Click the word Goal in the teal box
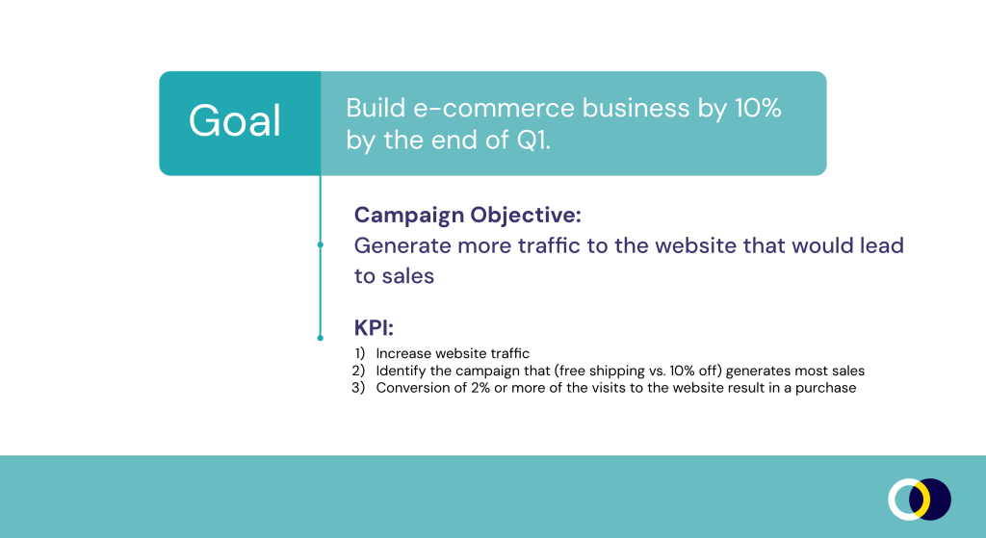(x=235, y=120)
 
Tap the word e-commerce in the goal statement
(x=494, y=108)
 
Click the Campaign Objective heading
(x=468, y=215)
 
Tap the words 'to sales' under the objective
(x=394, y=276)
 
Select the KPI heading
(x=375, y=327)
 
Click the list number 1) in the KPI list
(x=360, y=353)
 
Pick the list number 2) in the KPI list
(x=358, y=371)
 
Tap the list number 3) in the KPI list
(x=358, y=388)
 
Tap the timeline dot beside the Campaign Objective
(x=320, y=244)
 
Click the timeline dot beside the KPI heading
(x=320, y=338)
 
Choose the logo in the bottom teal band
(x=920, y=500)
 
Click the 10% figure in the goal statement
(x=758, y=108)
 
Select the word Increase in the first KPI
(x=403, y=353)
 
